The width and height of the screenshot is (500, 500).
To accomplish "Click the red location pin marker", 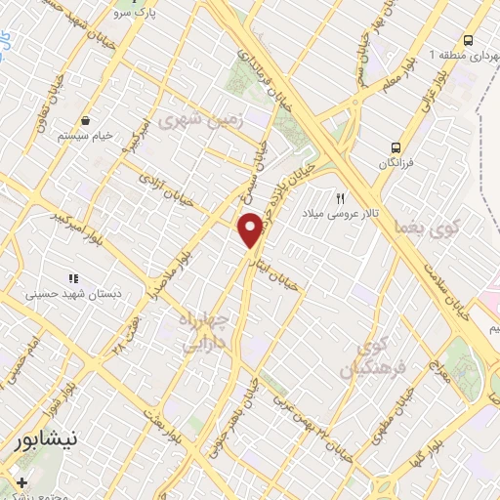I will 251,230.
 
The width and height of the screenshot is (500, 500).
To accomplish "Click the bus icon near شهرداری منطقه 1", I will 469,41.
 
